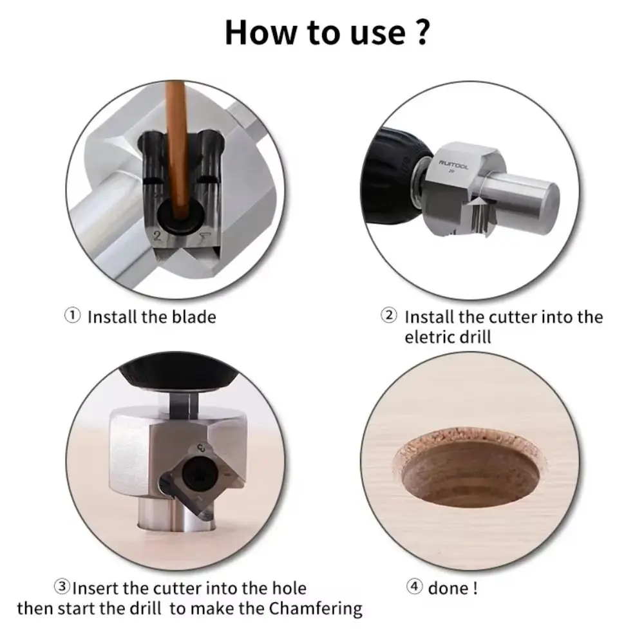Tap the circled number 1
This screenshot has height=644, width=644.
[73, 316]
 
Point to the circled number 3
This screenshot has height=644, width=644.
[62, 587]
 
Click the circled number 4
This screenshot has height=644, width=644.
[414, 587]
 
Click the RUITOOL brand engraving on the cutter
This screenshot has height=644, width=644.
[453, 164]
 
